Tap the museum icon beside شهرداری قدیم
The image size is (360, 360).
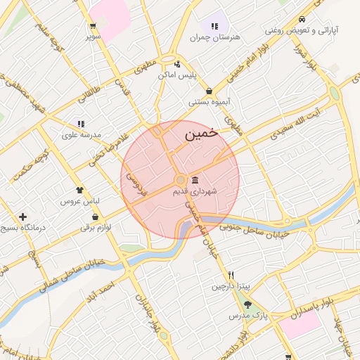[x=195, y=180]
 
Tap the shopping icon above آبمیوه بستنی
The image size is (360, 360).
[x=210, y=91]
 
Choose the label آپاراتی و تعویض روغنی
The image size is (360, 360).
[x=302, y=31]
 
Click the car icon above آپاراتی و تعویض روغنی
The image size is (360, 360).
[x=302, y=20]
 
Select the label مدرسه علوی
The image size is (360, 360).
[x=82, y=134]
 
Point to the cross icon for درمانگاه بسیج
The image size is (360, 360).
[x=23, y=217]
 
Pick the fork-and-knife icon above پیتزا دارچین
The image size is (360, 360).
[x=230, y=275]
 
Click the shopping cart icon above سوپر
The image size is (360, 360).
[x=93, y=26]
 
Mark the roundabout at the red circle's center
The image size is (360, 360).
[x=180, y=179]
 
